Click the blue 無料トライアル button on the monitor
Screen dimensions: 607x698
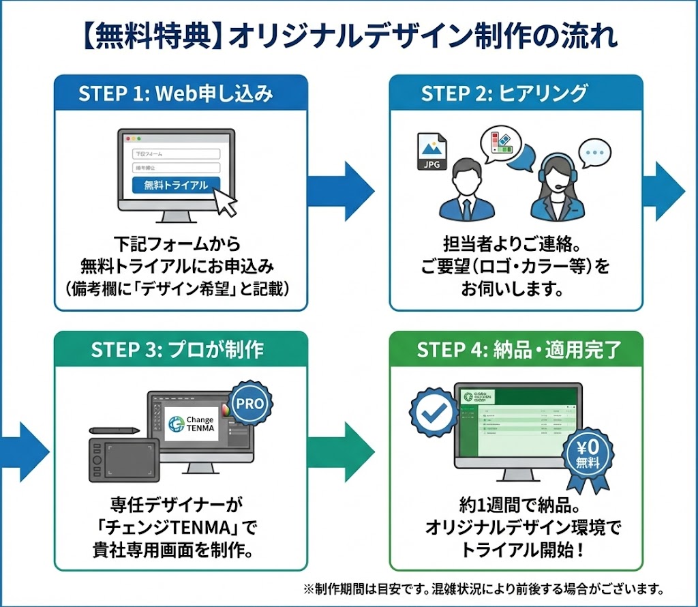[176, 185]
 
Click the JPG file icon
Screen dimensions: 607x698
[431, 151]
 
